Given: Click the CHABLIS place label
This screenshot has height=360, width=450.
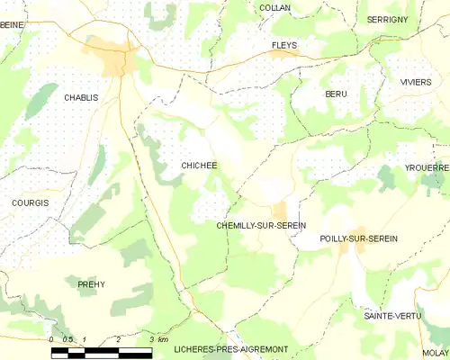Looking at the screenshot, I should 80,97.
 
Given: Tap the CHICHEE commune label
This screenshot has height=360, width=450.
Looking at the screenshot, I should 199,166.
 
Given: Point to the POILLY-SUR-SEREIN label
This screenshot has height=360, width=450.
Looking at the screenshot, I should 358,238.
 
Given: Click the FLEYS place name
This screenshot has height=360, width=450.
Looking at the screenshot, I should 284,44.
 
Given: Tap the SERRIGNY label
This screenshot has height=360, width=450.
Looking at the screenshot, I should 388,19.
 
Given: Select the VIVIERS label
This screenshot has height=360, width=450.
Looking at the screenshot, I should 416,82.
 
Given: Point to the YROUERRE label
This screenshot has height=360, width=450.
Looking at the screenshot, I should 427,168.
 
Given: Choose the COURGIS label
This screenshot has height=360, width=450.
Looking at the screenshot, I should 30,203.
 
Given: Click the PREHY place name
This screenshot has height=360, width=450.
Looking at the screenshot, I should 91,284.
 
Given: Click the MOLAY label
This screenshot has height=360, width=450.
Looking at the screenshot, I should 436,353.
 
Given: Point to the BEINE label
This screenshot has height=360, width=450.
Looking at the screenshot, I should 12,25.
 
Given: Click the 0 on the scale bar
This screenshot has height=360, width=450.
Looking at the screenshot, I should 52,339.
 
